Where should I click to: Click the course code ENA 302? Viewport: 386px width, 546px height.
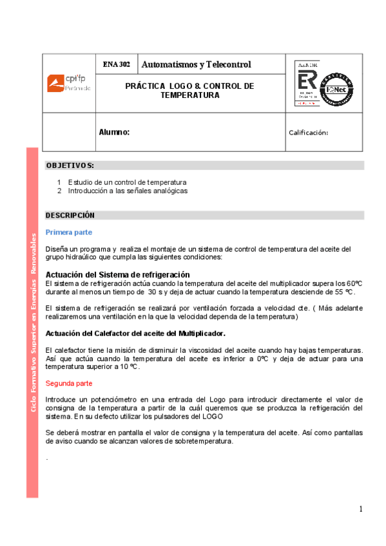(116, 64)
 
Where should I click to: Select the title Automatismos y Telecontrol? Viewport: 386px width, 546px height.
(196, 64)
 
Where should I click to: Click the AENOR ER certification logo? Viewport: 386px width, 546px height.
(306, 83)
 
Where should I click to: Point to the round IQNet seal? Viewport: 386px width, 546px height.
(337, 89)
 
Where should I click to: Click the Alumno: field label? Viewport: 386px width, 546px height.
(115, 132)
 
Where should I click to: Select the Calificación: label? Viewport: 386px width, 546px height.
(309, 133)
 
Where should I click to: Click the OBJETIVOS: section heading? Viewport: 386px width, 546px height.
(70, 166)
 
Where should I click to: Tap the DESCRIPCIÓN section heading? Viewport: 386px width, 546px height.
(70, 215)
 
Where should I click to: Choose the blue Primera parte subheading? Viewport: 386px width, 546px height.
(68, 232)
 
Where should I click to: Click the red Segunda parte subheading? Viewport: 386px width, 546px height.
(69, 383)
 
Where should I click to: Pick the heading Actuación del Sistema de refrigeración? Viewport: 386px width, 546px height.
(117, 275)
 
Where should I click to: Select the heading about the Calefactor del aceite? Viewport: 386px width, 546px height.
(135, 334)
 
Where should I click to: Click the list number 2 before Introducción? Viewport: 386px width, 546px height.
(59, 191)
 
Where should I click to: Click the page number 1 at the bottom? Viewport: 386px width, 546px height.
(362, 509)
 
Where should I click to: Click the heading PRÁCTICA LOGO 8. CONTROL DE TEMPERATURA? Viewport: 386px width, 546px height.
(190, 90)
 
